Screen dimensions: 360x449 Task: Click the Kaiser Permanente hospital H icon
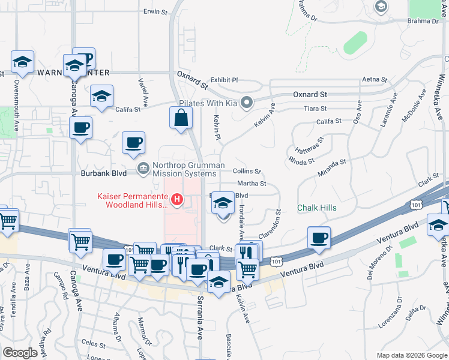point(177,199)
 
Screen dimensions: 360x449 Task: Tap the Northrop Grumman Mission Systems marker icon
point(143,168)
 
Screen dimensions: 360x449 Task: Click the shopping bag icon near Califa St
point(181,118)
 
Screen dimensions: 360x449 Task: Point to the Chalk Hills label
point(316,208)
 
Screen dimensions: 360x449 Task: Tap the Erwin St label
point(154,11)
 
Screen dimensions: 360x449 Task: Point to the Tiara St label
point(315,109)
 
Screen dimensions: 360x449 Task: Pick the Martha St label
point(252,184)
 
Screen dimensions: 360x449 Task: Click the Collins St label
point(247,171)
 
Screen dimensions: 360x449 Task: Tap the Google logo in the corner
point(20,353)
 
